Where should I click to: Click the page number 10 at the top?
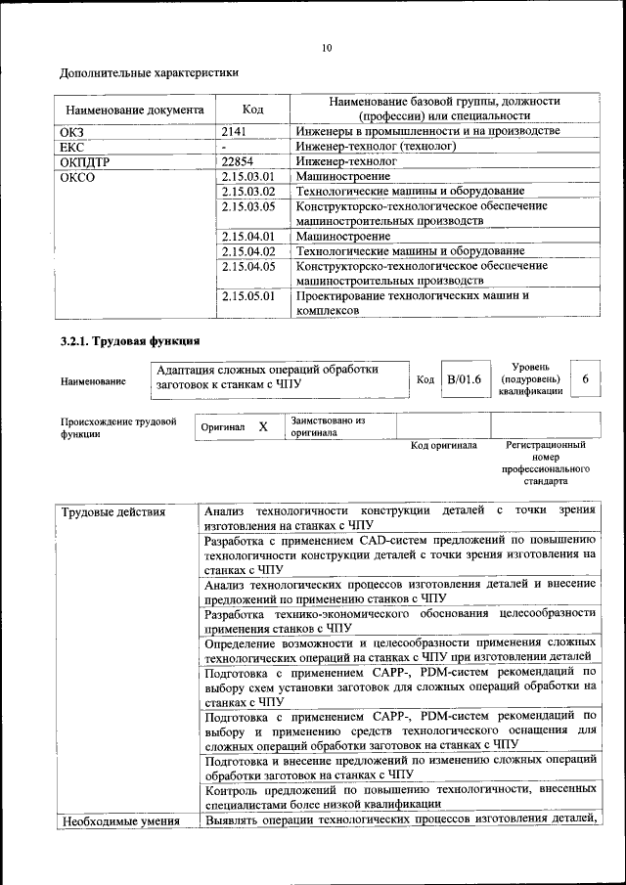327,47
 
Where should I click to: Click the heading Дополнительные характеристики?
149,73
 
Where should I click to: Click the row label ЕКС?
73,147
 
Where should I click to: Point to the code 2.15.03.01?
248,177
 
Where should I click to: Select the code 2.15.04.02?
248,251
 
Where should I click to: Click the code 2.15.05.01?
248,295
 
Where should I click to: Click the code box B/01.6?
464,379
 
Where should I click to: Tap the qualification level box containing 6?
585,378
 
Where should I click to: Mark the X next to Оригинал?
262,427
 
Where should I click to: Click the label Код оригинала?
443,446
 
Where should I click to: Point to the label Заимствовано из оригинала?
327,426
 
